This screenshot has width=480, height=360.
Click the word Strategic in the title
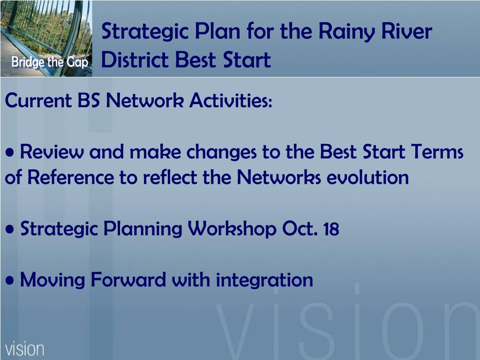click(145, 32)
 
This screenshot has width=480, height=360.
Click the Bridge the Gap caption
click(50, 62)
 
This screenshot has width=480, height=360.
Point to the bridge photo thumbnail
click(46, 38)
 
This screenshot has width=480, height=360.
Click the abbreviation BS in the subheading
click(89, 100)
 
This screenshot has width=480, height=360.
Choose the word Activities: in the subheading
click(231, 100)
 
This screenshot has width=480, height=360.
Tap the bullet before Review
click(10, 152)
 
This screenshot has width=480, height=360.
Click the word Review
click(52, 151)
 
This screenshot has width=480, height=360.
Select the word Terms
click(437, 151)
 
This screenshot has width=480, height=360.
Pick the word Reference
click(71, 177)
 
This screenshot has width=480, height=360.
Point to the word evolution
click(367, 177)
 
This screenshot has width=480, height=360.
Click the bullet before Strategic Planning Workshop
click(10, 229)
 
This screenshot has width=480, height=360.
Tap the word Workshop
click(232, 229)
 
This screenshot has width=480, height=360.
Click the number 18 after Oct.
click(331, 229)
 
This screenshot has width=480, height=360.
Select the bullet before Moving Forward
click(10, 280)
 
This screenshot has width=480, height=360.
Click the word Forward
click(128, 279)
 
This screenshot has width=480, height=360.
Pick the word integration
click(264, 280)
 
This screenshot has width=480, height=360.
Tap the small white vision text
click(24, 349)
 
